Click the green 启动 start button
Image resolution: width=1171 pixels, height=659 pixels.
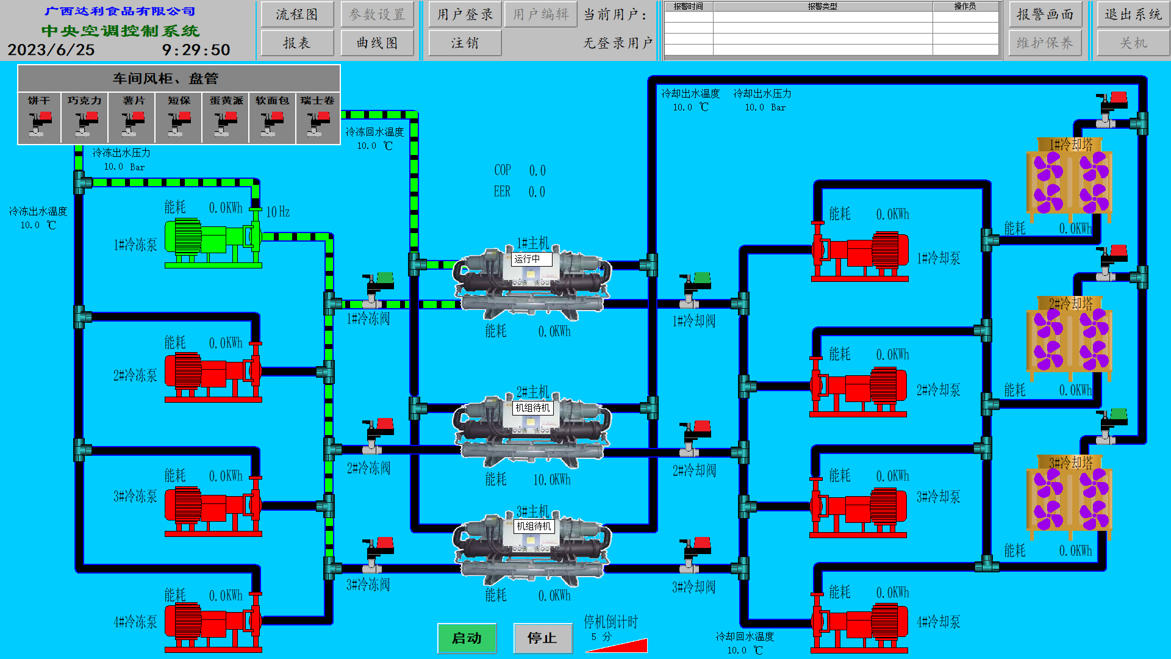coord(467,638)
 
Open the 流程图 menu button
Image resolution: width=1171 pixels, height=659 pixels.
coord(297,15)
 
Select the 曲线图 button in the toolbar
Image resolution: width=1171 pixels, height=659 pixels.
coord(377,43)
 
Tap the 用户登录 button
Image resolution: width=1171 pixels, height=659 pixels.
coord(465,15)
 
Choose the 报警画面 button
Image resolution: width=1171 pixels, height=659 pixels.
coord(1045,15)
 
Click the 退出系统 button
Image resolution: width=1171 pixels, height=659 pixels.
coord(1133,15)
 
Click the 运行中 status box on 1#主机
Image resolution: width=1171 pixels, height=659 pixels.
coord(531,259)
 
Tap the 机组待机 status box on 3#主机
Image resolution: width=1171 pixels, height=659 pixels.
coord(534,526)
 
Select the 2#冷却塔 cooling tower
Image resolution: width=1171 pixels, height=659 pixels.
coord(1069,339)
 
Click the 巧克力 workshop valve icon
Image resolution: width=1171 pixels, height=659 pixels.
coord(84,124)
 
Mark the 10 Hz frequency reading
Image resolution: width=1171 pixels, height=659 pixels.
coord(278,212)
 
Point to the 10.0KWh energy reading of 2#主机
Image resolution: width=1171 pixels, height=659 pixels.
coord(552,480)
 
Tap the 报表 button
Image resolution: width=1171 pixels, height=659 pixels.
coord(297,43)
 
